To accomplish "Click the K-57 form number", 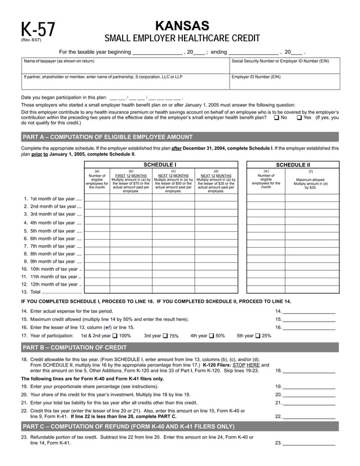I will click(38, 30).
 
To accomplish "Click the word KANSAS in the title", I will click(182, 26).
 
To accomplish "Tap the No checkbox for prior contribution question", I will click(276, 118).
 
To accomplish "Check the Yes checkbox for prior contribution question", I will click(299, 118).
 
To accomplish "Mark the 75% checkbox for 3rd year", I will click(165, 336).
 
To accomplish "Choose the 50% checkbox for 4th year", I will click(212, 336).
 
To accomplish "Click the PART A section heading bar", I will click(180, 137).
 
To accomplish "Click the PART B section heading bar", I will click(180, 348).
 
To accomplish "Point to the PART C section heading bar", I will click(180, 427).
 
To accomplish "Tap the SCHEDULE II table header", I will click(293, 164).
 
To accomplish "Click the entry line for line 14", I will click(309, 311).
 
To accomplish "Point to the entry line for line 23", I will click(309, 443).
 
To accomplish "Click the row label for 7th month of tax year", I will click(52, 247).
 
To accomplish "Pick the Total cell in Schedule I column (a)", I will click(96, 292).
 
